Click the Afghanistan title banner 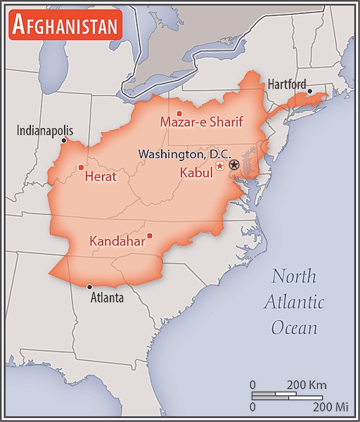(x=65, y=25)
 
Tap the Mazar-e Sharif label (x=201, y=122)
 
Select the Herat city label (x=100, y=177)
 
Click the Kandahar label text (x=117, y=241)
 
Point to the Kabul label (x=196, y=172)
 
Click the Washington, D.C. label (x=184, y=153)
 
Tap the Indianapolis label (x=45, y=130)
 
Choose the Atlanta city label (x=107, y=298)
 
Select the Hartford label (x=287, y=84)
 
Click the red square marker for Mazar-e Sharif (x=179, y=113)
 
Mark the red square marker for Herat (x=81, y=167)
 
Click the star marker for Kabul (x=220, y=166)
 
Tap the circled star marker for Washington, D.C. (x=234, y=165)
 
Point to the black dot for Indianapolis (x=63, y=140)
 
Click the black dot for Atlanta (x=89, y=286)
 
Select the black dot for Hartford (x=309, y=91)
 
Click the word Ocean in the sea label (x=294, y=328)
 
